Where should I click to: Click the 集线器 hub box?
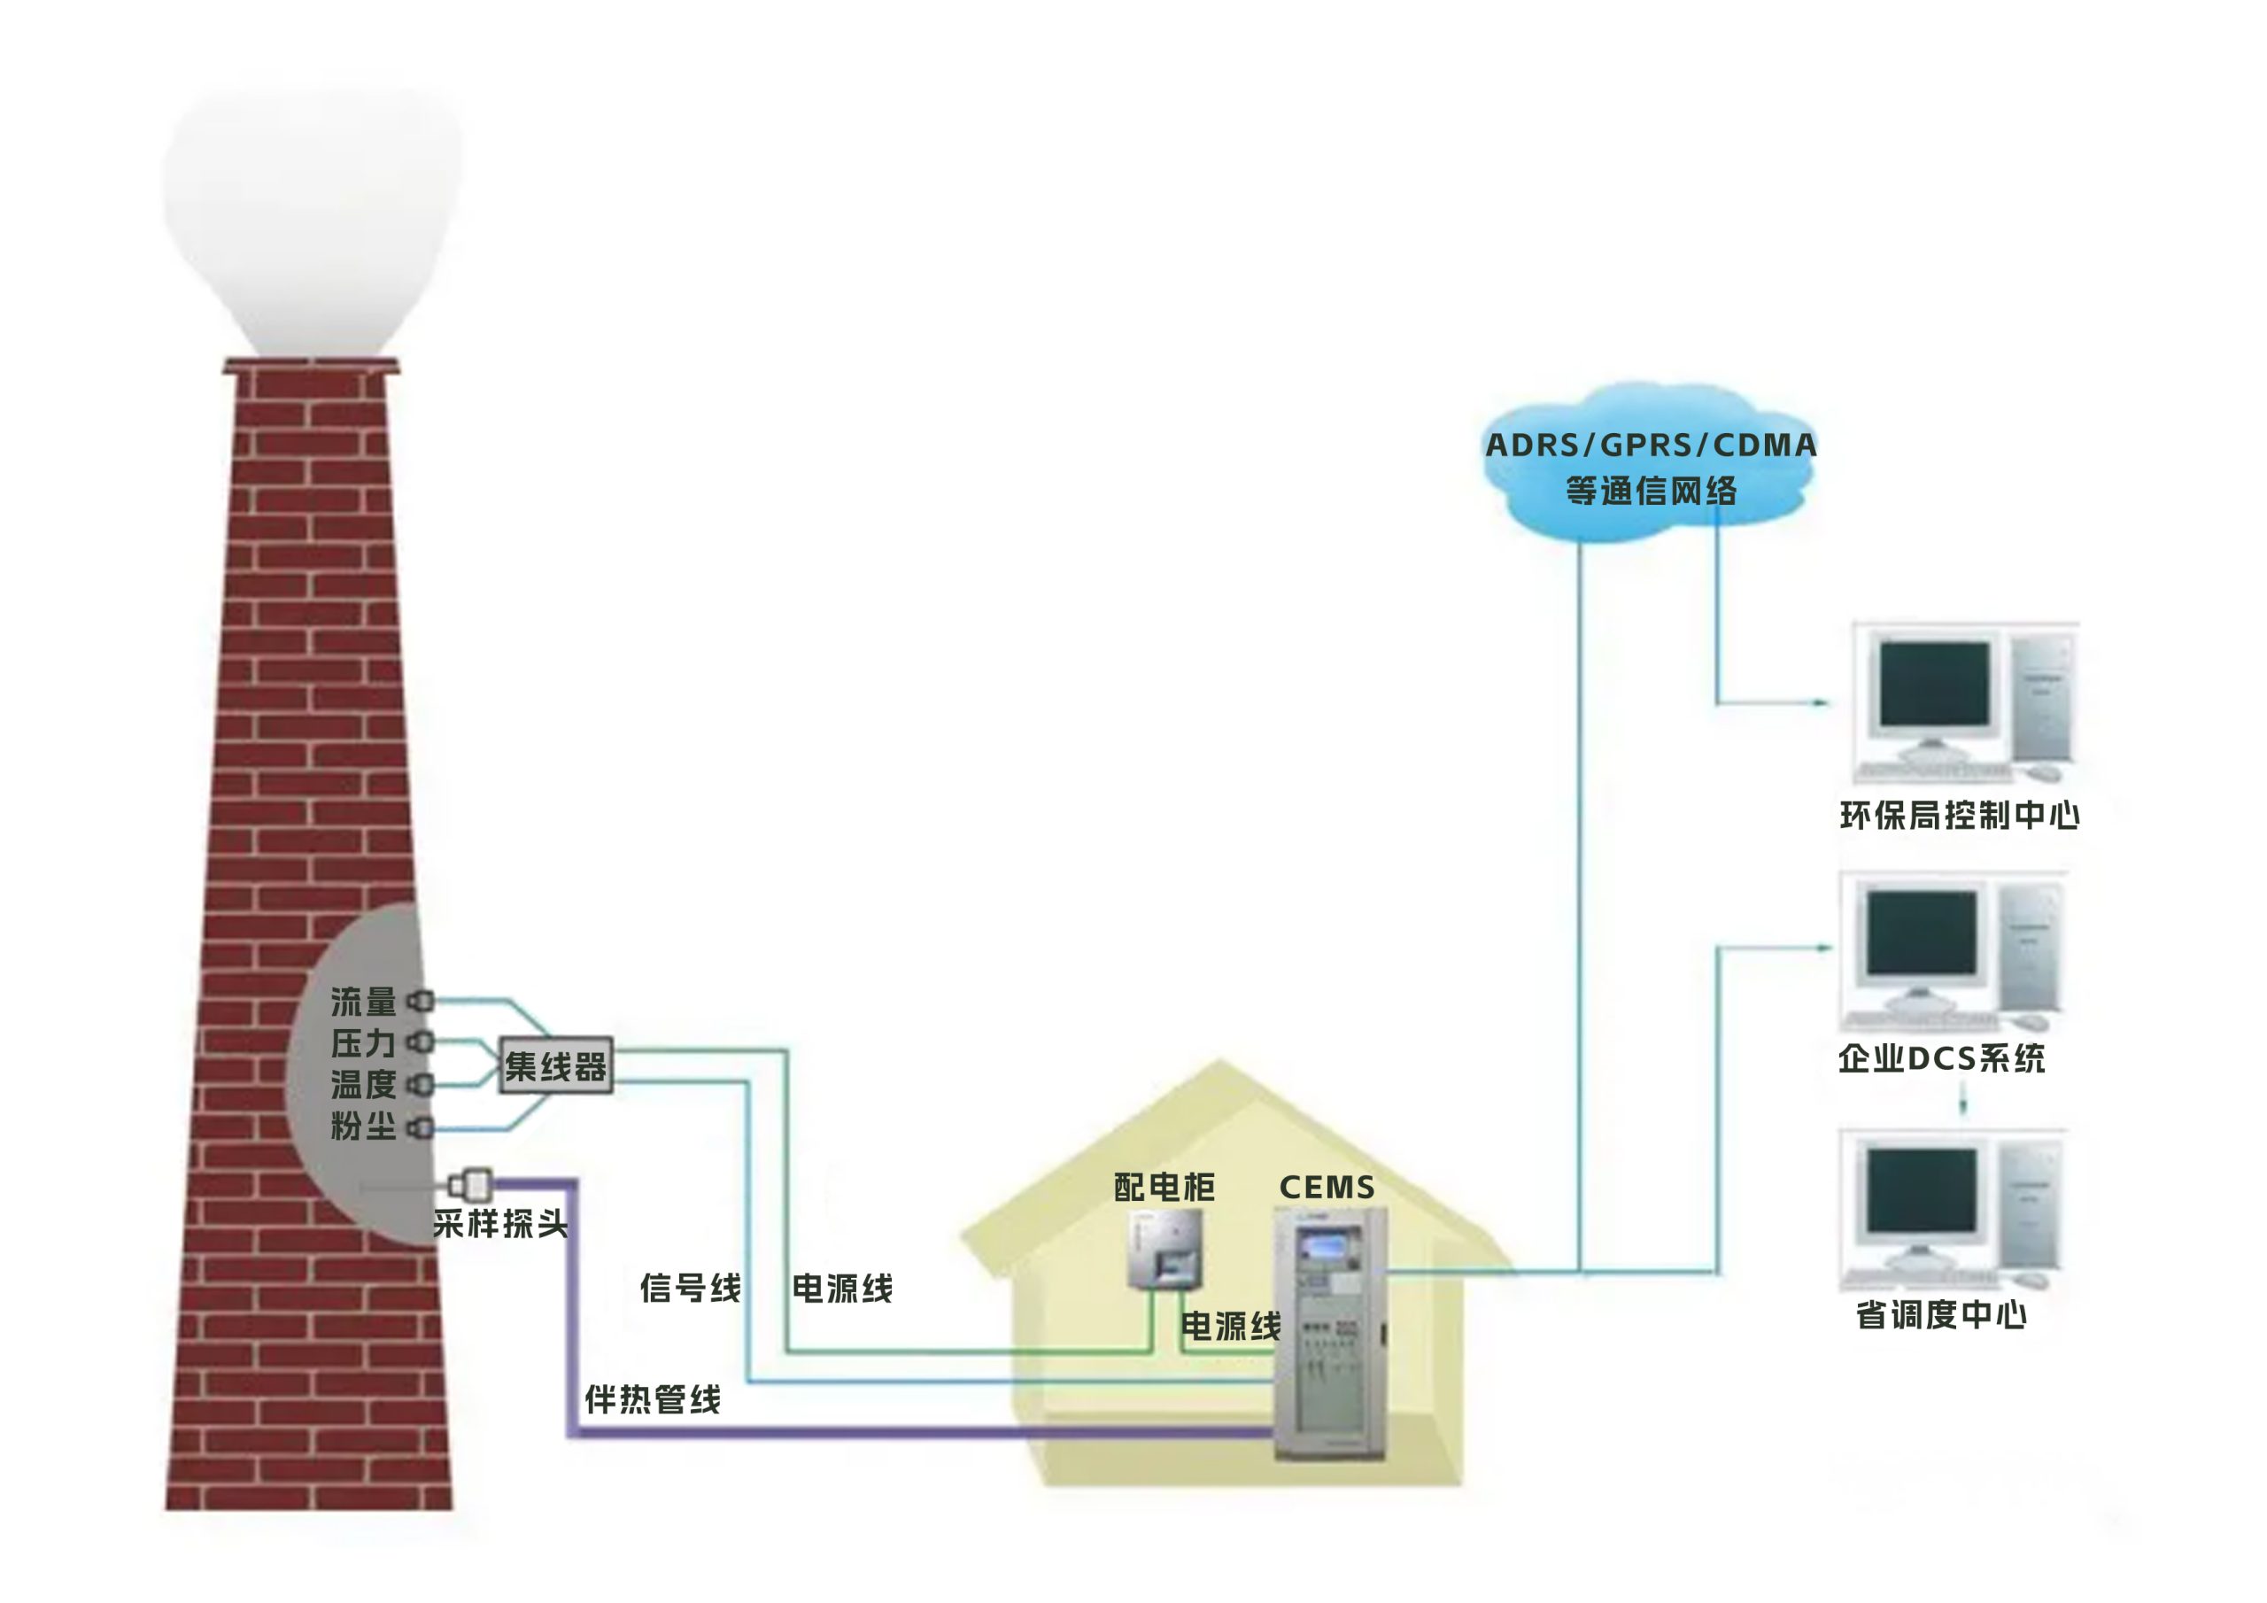555,1065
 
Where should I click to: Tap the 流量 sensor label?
362,1002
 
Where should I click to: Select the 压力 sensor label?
362,1043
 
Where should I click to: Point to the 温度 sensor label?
362,1085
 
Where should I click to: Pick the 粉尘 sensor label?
362,1126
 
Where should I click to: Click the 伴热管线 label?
653,1398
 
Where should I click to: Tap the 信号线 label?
690,1288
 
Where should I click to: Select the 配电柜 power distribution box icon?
1166,1249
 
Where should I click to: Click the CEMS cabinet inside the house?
1329,1334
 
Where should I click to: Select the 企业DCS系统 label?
1941,1059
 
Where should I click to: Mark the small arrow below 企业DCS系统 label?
1963,1100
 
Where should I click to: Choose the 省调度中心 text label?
1941,1314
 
